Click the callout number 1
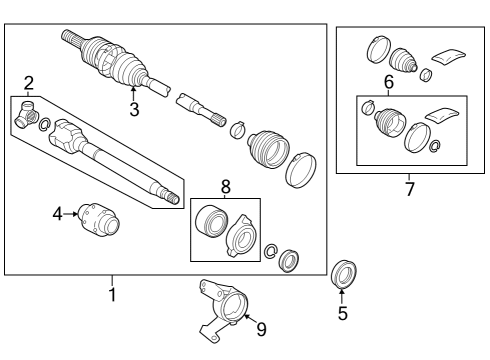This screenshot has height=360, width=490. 112,295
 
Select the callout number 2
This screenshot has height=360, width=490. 29,82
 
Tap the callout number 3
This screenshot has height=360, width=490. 133,109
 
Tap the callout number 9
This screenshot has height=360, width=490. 261,327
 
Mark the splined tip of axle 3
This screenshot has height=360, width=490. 71,37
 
